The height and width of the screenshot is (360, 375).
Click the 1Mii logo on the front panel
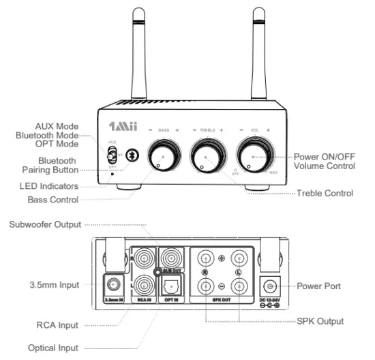(x=123, y=128)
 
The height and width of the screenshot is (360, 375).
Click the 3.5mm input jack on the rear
(x=113, y=284)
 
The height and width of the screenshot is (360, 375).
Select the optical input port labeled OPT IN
(x=172, y=286)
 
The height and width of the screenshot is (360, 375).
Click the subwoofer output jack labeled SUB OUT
(x=172, y=259)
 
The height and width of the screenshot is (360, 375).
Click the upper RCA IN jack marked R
(x=144, y=259)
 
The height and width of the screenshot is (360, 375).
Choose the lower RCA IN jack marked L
(x=144, y=286)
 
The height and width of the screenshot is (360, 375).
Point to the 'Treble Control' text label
(x=325, y=194)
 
